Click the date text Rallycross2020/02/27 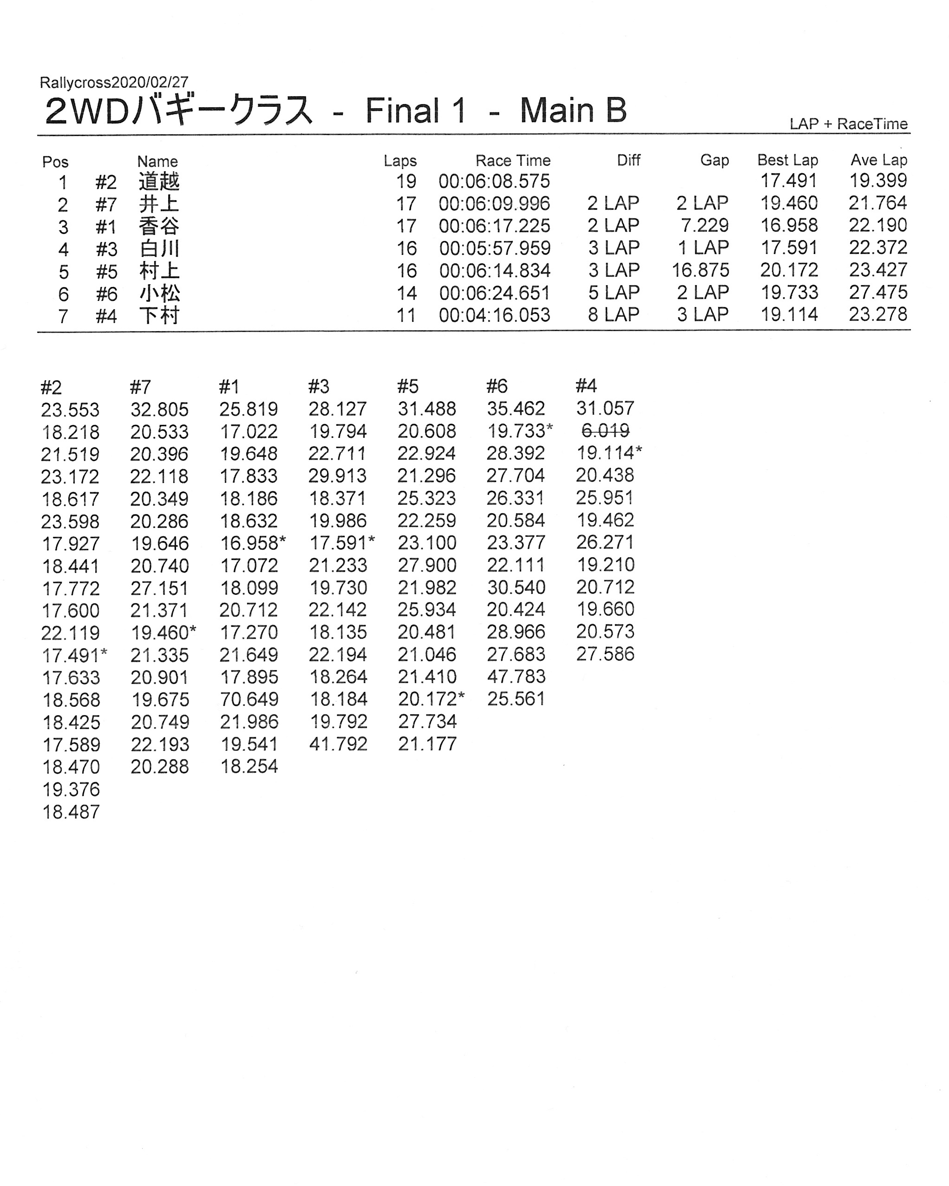(114, 83)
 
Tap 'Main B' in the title (573, 111)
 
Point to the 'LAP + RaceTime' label (848, 124)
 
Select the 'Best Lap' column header (787, 160)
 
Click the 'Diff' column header (628, 160)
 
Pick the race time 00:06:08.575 (494, 182)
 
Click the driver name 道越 (159, 182)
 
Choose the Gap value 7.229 (705, 226)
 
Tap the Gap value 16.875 (700, 271)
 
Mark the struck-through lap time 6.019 (605, 431)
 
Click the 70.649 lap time (249, 699)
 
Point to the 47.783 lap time (516, 677)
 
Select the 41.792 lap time (338, 744)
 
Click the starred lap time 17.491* (74, 655)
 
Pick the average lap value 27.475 (877, 293)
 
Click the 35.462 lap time (516, 409)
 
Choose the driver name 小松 (159, 293)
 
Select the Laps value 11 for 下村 (406, 315)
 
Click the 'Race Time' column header (513, 161)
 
